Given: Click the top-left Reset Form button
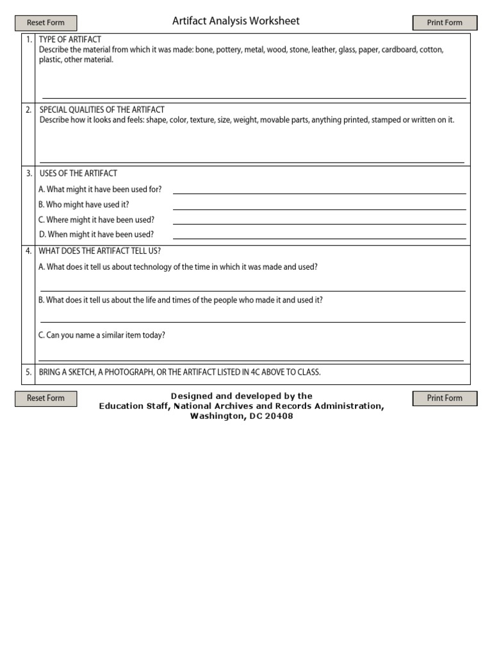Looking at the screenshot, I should tap(45, 23).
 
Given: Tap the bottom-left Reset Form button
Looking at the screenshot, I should tap(45, 398).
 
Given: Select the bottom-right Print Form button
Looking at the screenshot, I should tap(445, 398).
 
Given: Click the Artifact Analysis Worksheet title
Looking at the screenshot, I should tap(236, 21).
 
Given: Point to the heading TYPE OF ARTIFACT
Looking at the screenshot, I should tap(70, 40).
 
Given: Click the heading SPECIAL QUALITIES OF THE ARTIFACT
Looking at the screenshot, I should tap(102, 110).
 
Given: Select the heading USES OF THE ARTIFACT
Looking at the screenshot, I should tap(78, 174).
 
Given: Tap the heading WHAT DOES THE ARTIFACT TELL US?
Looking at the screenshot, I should tap(99, 251).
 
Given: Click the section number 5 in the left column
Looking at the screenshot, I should tap(28, 372).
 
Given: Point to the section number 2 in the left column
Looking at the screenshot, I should tap(28, 110).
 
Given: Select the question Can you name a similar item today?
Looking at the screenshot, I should tap(102, 335).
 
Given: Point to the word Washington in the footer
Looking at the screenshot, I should tap(213, 416).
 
